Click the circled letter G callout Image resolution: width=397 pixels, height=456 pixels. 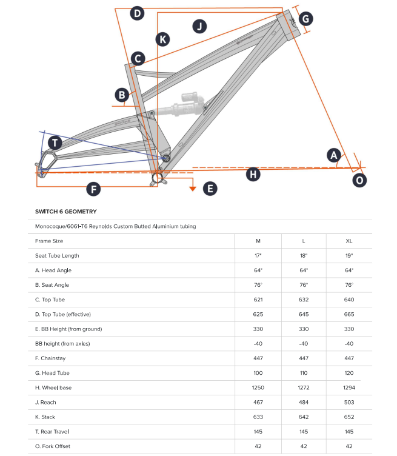coord(306,19)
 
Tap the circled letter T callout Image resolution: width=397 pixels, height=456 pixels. coord(55,143)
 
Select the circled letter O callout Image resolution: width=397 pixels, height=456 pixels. coord(360,180)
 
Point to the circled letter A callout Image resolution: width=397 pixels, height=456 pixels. coord(333,155)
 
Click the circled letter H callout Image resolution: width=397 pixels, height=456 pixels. coord(253,175)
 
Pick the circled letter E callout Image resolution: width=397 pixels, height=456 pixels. coord(210,189)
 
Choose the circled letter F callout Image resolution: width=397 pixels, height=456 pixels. coord(93,189)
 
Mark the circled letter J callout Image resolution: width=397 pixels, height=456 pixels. coord(199,26)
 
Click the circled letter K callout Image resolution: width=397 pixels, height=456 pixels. coord(162,39)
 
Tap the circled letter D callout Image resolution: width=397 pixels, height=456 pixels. coord(137,13)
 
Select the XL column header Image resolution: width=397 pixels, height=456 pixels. coord(349,241)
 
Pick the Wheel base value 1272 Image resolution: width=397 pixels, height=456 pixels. coord(304,387)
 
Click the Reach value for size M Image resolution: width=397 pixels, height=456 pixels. coord(258,402)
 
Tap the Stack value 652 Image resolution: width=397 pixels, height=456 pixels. coord(349,417)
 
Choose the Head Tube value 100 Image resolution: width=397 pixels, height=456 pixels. coord(258,373)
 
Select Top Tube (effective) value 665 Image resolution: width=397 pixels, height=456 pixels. coord(349,314)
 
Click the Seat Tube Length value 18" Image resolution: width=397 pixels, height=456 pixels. coord(304,255)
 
